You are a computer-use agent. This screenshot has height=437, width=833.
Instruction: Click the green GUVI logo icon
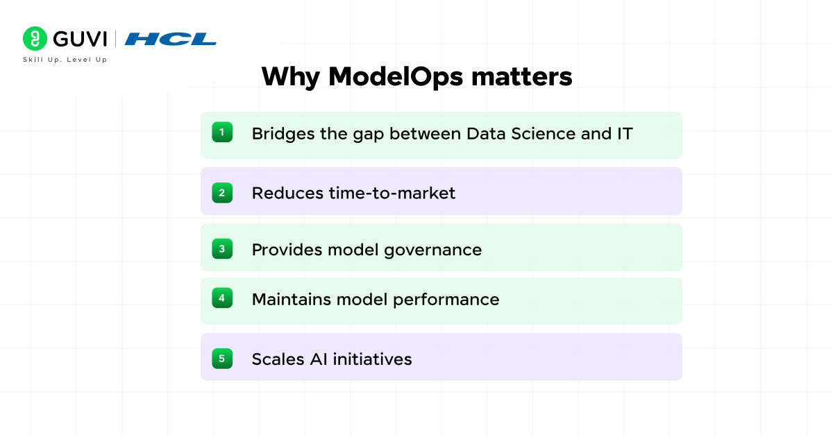click(35, 38)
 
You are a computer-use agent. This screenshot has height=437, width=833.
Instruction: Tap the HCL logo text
click(171, 39)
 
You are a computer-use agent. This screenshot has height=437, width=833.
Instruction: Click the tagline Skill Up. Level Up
click(65, 60)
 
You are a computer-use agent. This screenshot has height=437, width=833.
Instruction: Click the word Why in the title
click(290, 76)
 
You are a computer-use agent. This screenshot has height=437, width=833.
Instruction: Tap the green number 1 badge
click(222, 132)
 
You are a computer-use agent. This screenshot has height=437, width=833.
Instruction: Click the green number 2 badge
click(222, 193)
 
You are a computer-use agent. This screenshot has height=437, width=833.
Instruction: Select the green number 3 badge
click(222, 248)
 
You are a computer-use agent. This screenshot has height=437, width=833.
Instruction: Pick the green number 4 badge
click(222, 298)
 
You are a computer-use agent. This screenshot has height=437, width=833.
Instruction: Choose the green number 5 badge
click(222, 359)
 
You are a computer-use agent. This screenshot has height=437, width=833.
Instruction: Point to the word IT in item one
click(624, 133)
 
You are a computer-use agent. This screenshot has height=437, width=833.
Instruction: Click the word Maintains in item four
click(291, 300)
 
